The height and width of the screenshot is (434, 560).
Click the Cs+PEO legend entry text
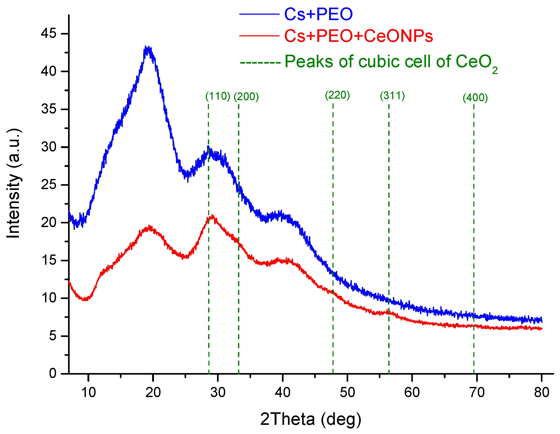(x=318, y=14)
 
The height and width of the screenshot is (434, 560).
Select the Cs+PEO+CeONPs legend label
(x=358, y=36)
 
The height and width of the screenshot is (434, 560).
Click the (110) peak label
(x=218, y=96)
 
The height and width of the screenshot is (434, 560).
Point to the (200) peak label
(x=246, y=97)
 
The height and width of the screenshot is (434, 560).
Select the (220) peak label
(x=337, y=95)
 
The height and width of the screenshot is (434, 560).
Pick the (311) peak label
(x=392, y=96)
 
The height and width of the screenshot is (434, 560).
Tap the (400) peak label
(x=475, y=98)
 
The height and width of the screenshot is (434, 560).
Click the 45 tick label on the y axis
(x=49, y=33)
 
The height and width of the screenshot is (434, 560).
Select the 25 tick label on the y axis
(x=49, y=185)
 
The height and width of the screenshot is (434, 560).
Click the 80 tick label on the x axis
(x=541, y=392)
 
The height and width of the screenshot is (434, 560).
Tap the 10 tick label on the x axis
(x=88, y=392)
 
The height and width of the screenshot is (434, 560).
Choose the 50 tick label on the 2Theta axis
(x=347, y=392)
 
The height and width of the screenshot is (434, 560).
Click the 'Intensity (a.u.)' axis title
(x=14, y=183)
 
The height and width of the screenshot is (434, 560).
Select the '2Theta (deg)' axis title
(x=311, y=419)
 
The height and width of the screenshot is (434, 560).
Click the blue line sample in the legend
(x=259, y=14)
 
